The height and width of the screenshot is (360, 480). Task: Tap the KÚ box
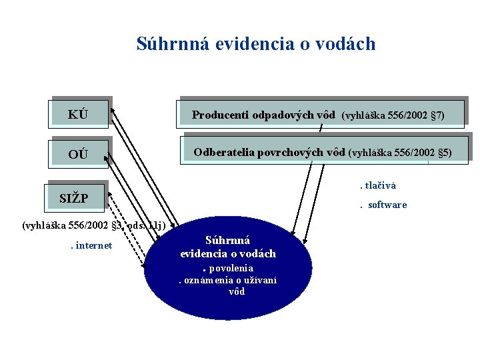(79, 113)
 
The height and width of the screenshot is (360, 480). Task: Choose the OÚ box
(79, 154)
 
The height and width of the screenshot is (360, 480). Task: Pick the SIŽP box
(75, 197)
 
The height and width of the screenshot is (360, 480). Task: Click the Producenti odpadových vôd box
(319, 115)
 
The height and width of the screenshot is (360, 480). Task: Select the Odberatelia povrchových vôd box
(323, 152)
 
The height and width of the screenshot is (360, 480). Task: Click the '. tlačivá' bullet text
(379, 185)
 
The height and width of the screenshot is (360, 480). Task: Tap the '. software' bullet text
(384, 205)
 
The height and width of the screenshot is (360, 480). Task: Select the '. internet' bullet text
(91, 246)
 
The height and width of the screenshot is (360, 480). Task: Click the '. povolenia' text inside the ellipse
(228, 268)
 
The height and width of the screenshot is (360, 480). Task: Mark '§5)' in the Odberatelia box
(443, 153)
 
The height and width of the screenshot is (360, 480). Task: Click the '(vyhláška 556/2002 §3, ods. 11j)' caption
(93, 225)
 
